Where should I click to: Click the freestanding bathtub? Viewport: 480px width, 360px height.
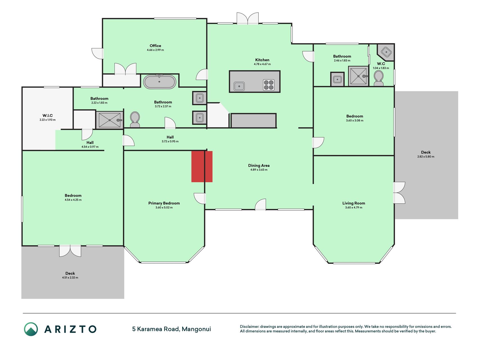pos(160,82)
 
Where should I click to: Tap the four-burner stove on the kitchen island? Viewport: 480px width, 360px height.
pos(269,85)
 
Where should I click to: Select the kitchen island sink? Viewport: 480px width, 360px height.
pos(239,86)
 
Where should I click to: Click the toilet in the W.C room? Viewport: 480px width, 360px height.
pos(378,78)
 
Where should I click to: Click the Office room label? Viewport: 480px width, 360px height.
pos(155,46)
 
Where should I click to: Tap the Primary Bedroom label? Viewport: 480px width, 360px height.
pos(164,203)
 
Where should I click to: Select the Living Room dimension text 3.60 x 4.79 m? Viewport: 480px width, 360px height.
pos(354,208)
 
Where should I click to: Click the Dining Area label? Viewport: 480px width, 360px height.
pos(259,165)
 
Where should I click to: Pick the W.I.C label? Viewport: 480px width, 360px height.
pos(48,115)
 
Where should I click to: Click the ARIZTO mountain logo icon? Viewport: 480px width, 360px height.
pos(31,329)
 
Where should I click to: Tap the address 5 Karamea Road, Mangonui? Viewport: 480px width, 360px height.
pos(172,329)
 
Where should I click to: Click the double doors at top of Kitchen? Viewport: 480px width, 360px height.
pos(247,18)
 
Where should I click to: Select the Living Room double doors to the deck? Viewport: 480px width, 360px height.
pos(399,193)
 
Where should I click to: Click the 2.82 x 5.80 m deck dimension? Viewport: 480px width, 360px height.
pos(426,157)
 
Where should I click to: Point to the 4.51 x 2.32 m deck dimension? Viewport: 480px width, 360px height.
pos(70,278)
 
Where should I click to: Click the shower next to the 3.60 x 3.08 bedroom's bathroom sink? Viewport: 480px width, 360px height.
pos(358,76)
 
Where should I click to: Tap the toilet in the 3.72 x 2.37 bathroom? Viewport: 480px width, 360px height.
pos(135,120)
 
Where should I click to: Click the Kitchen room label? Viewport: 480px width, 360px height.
pos(262,60)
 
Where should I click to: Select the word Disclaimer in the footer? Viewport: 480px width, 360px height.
pos(249,327)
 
